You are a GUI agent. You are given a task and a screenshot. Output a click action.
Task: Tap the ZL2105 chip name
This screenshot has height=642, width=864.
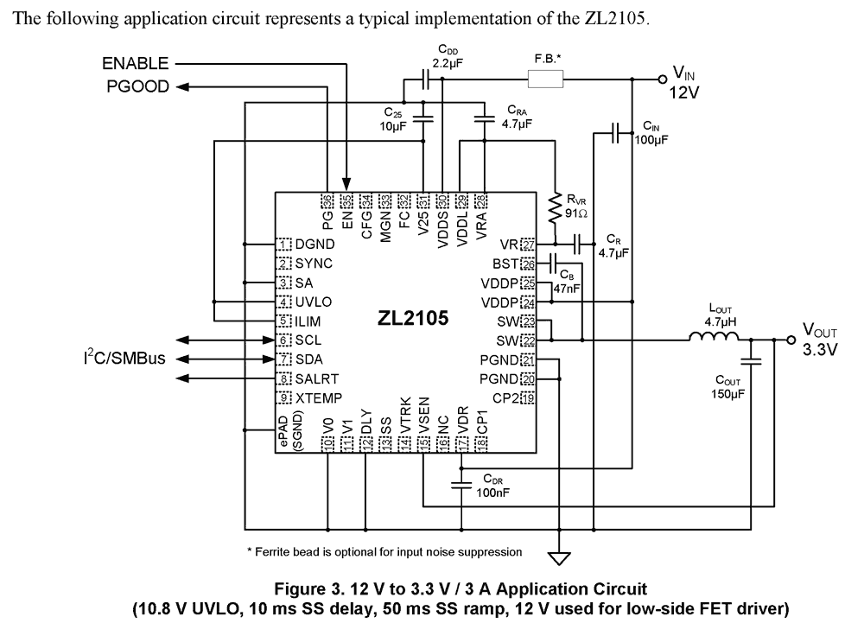(x=412, y=319)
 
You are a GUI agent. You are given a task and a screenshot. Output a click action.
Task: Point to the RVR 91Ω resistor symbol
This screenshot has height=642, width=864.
(x=556, y=205)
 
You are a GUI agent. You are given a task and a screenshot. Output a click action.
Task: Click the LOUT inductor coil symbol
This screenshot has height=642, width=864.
(x=712, y=340)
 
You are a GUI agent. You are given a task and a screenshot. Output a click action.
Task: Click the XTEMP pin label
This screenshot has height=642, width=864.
(x=319, y=397)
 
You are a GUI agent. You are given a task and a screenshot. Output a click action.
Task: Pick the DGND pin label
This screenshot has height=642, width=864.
(x=314, y=245)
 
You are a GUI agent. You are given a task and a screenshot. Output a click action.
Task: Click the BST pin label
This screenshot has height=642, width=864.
(x=505, y=264)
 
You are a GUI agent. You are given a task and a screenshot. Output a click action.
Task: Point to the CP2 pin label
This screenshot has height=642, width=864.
(x=505, y=397)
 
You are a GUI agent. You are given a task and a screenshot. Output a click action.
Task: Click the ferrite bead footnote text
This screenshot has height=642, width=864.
(x=384, y=550)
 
